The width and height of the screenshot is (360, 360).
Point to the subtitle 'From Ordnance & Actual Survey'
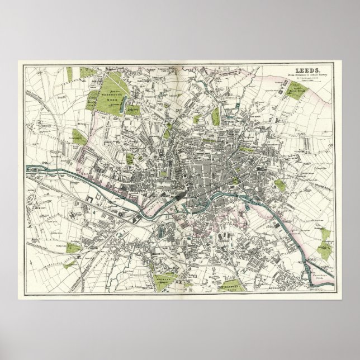302,75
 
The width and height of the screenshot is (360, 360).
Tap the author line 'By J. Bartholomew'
302,79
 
